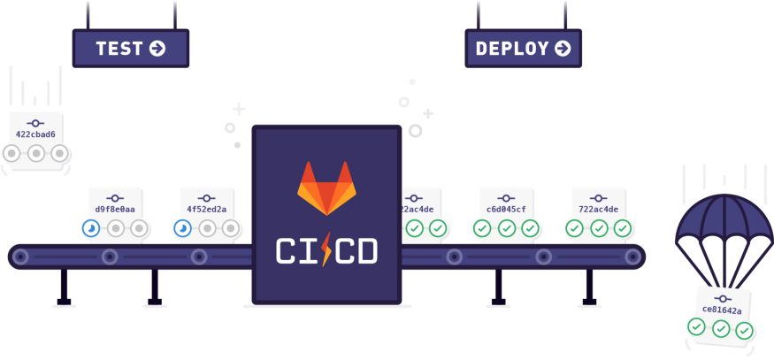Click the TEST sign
131,48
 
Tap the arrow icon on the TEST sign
158,48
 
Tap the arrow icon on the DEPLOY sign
563,49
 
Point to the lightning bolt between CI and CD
328,250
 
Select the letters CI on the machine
295,250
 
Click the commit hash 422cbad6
35,135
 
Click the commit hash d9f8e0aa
115,210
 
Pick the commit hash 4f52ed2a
206,210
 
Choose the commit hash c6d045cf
506,210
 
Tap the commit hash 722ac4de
598,210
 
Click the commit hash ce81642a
723,310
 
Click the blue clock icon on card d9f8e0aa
91,229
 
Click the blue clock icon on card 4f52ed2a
182,229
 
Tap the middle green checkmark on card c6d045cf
506,229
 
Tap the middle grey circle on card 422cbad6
35,154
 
